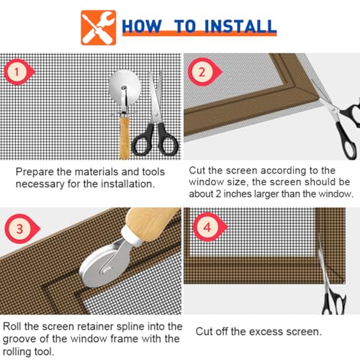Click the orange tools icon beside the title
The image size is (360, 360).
(x=99, y=27)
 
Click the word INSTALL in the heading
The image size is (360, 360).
(x=240, y=26)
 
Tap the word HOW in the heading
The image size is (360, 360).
(x=142, y=26)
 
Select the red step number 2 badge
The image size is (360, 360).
(x=204, y=72)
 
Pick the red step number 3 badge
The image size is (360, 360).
(x=22, y=228)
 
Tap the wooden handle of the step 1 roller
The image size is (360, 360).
(x=125, y=136)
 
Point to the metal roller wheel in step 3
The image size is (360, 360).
(x=101, y=269)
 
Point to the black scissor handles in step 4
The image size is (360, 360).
(x=333, y=302)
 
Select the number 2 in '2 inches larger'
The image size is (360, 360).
(x=218, y=194)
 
